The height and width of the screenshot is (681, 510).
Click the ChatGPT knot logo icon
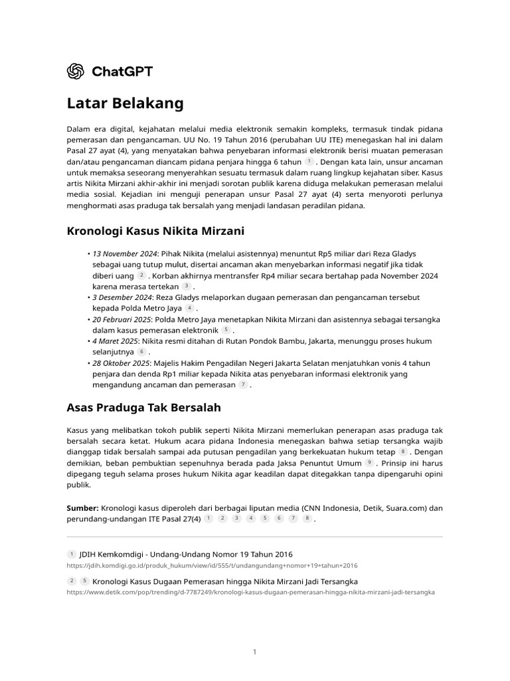pyautogui.click(x=76, y=71)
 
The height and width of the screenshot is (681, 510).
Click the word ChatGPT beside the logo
pyautogui.click(x=122, y=71)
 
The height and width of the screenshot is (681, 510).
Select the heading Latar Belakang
pyautogui.click(x=125, y=104)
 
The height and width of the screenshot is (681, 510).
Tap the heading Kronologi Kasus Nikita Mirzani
pyautogui.click(x=156, y=231)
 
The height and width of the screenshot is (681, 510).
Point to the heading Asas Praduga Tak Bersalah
pyautogui.click(x=144, y=406)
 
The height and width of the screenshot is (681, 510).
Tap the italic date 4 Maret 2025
pyautogui.click(x=115, y=341)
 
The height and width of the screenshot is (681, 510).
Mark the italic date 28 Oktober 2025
pyautogui.click(x=121, y=363)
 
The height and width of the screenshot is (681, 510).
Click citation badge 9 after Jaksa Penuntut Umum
pyautogui.click(x=369, y=462)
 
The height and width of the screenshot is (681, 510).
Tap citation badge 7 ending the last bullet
pyautogui.click(x=243, y=385)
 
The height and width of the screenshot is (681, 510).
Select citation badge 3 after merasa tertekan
pyautogui.click(x=187, y=287)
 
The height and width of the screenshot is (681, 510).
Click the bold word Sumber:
pyautogui.click(x=83, y=508)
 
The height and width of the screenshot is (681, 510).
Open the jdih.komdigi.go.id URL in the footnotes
pyautogui.click(x=212, y=565)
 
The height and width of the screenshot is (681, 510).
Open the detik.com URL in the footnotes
pyautogui.click(x=250, y=592)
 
